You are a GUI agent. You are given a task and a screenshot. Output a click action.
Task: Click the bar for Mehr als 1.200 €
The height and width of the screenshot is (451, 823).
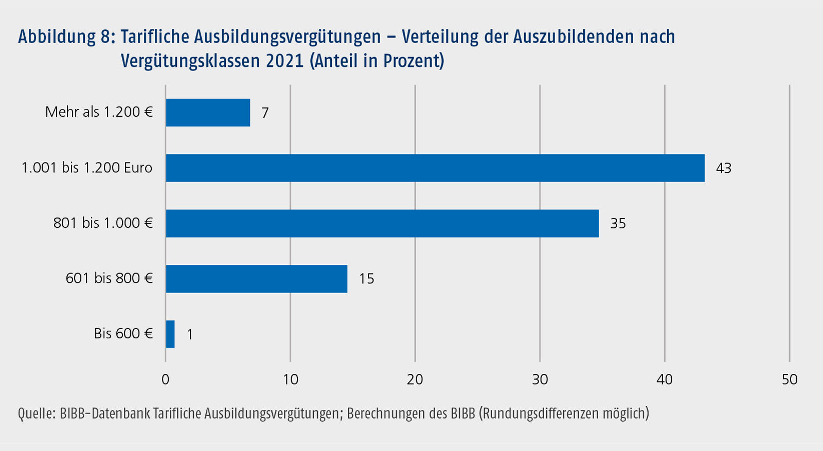pos(208,113)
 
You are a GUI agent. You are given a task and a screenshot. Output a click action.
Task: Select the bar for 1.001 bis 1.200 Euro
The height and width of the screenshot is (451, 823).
pos(435,168)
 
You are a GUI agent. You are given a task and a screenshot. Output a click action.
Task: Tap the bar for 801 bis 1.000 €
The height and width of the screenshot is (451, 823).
pos(382,223)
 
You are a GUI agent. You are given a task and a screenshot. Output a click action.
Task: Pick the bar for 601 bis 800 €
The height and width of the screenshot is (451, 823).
pos(256,279)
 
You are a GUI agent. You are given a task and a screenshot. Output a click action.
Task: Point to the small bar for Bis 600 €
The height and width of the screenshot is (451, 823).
pos(170,334)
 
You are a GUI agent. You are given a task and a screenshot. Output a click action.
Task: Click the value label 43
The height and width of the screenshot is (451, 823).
pos(723,169)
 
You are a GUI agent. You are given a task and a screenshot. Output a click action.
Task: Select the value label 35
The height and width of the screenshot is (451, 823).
pos(618,224)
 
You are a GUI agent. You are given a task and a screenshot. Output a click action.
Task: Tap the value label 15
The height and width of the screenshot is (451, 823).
pos(366,279)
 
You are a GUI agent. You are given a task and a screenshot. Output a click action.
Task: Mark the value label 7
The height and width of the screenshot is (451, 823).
pos(265,113)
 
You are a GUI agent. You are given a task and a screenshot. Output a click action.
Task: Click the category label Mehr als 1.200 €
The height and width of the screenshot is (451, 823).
pos(99,112)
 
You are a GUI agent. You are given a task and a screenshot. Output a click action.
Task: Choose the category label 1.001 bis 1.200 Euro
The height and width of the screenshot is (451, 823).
pos(87,168)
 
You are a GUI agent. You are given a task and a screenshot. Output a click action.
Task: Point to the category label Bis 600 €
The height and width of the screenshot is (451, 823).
pos(123,334)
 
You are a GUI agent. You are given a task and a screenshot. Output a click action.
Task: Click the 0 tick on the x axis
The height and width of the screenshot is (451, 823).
pos(165,380)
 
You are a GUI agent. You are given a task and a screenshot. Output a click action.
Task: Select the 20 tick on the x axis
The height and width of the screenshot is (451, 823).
pos(415,380)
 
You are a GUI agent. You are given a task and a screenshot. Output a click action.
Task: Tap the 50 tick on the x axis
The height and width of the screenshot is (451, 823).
pos(789,380)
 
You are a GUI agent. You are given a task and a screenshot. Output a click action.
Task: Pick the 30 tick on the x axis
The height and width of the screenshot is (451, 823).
pos(540,380)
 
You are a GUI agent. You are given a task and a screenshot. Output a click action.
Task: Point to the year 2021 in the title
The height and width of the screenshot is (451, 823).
pos(285,61)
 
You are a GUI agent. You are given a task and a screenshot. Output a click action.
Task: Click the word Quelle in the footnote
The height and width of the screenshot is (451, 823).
pos(36,413)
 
